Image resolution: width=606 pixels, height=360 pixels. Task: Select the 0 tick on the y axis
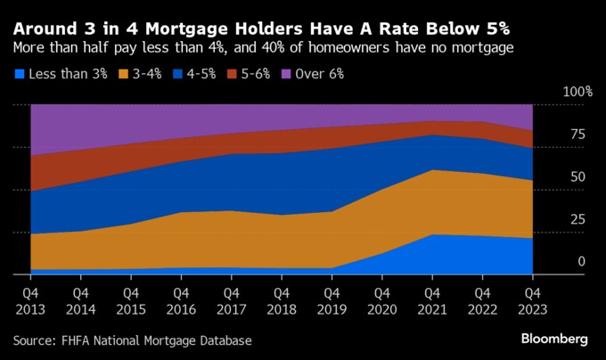581,261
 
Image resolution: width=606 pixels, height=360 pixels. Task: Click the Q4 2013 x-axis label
29,299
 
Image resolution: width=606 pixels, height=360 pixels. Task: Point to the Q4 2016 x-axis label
180,299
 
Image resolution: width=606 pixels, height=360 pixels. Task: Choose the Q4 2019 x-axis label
331,299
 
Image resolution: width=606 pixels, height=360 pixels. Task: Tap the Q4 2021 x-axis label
431,299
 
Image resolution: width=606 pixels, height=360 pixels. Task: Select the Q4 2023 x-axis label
532,299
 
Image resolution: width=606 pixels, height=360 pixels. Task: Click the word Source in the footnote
35,340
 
